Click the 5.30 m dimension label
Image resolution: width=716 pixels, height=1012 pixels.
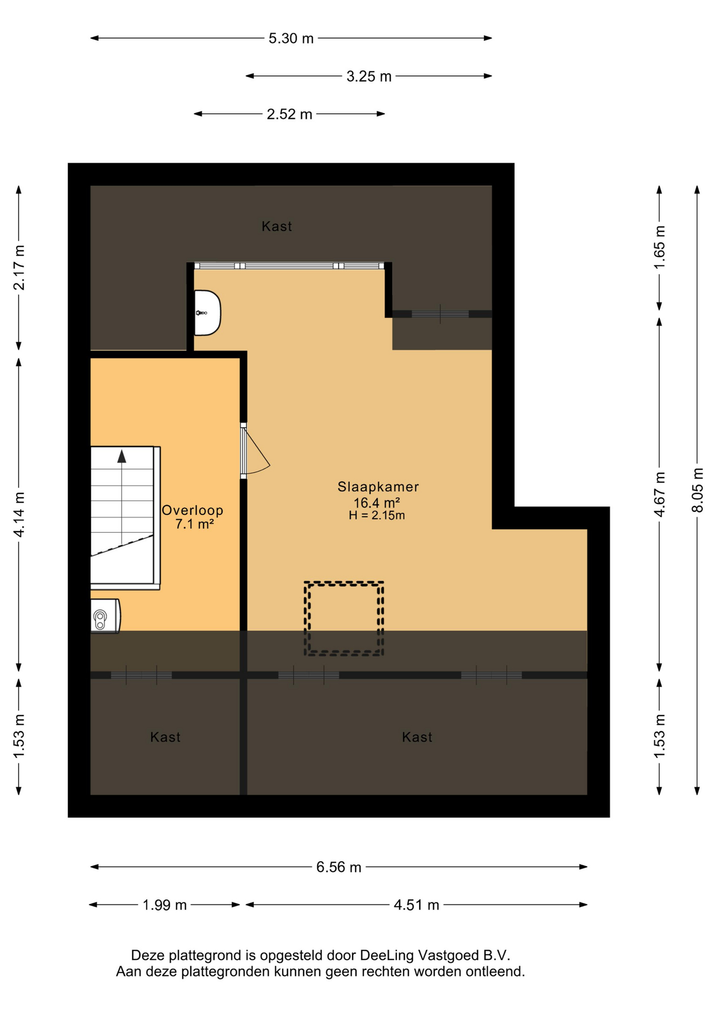tap(291, 38)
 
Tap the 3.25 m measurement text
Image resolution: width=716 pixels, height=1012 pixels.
tap(369, 76)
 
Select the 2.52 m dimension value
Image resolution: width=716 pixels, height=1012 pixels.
tap(289, 114)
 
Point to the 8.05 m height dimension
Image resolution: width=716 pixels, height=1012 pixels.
tap(698, 490)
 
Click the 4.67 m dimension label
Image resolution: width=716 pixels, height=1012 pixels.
tap(660, 494)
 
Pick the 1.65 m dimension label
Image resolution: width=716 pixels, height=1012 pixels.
tap(660, 247)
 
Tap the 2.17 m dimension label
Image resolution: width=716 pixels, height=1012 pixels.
tap(19, 268)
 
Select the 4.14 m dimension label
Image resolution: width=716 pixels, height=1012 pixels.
tap(19, 515)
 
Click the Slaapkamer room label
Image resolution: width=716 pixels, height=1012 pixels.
tap(378, 487)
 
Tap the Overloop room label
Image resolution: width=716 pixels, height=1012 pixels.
tap(192, 510)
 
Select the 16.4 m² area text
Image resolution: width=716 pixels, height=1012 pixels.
tap(376, 502)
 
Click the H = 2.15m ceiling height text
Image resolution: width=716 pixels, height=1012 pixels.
tap(376, 515)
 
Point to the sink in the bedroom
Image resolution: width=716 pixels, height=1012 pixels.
tap(207, 313)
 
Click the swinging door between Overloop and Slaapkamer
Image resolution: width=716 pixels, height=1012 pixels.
tap(255, 451)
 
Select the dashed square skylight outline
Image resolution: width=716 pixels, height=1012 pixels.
tap(344, 618)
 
